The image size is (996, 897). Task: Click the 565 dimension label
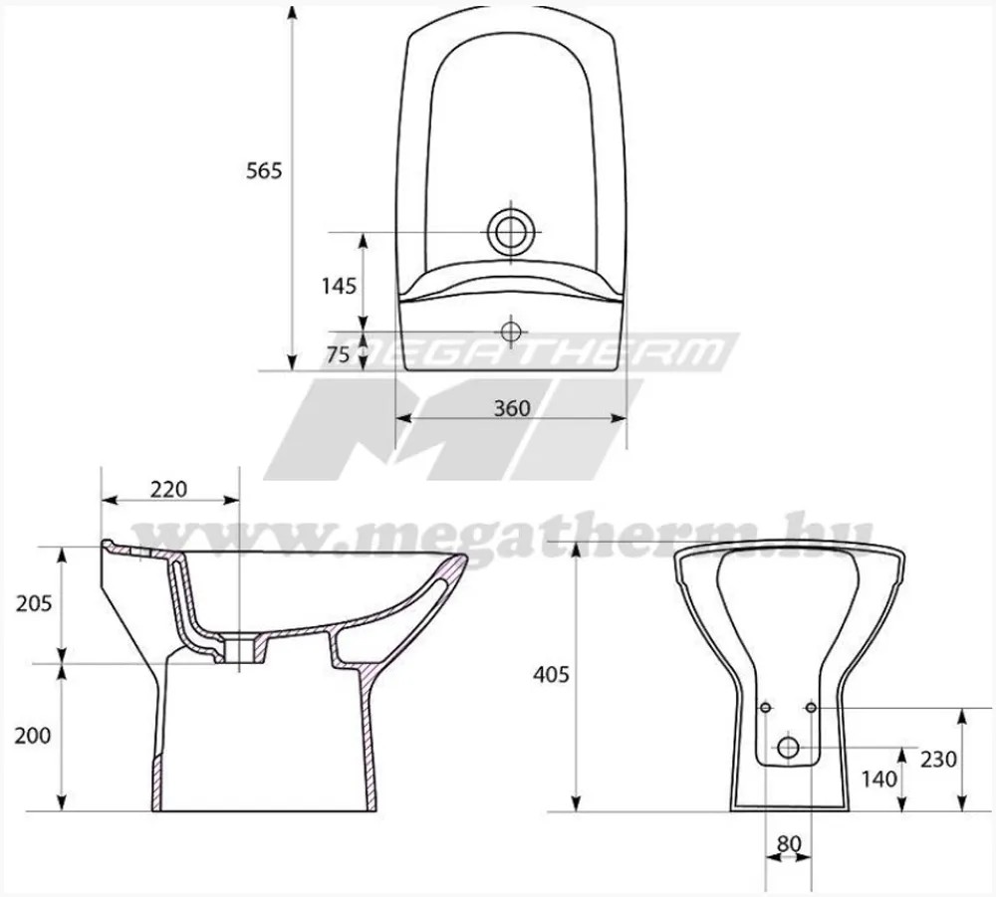(264, 170)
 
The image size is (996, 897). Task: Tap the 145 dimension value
(339, 287)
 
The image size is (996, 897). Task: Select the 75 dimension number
(338, 354)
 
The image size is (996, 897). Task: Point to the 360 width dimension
(511, 407)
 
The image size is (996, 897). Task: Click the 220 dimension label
(169, 489)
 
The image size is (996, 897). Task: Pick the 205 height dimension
(34, 603)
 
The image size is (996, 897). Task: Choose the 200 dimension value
(33, 735)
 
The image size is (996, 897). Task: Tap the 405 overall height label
(551, 674)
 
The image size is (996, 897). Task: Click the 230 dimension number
(938, 759)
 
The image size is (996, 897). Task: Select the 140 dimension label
(879, 779)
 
